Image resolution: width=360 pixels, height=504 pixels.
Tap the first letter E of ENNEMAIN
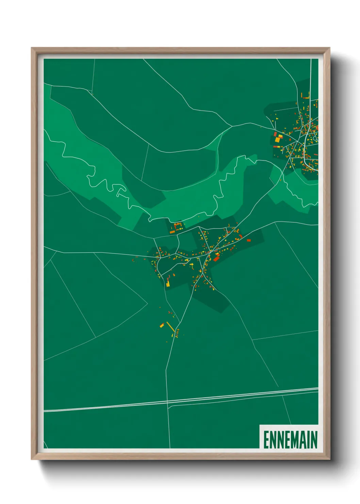pos(266,440)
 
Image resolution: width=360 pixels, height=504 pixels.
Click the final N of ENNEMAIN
pos(313,440)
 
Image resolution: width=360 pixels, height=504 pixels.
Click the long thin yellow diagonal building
pos(170,327)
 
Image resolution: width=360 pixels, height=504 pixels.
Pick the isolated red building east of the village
pos(248,240)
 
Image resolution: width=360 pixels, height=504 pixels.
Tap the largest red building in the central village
pos(216,258)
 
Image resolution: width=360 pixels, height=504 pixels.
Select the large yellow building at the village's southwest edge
pos(168,283)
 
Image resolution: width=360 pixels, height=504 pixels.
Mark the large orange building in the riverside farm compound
pos(173,232)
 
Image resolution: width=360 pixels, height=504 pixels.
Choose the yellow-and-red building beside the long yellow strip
pos(162,326)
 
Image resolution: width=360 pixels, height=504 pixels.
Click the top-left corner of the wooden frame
pos(32,48)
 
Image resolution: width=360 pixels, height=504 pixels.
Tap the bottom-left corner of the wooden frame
pos(32,459)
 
